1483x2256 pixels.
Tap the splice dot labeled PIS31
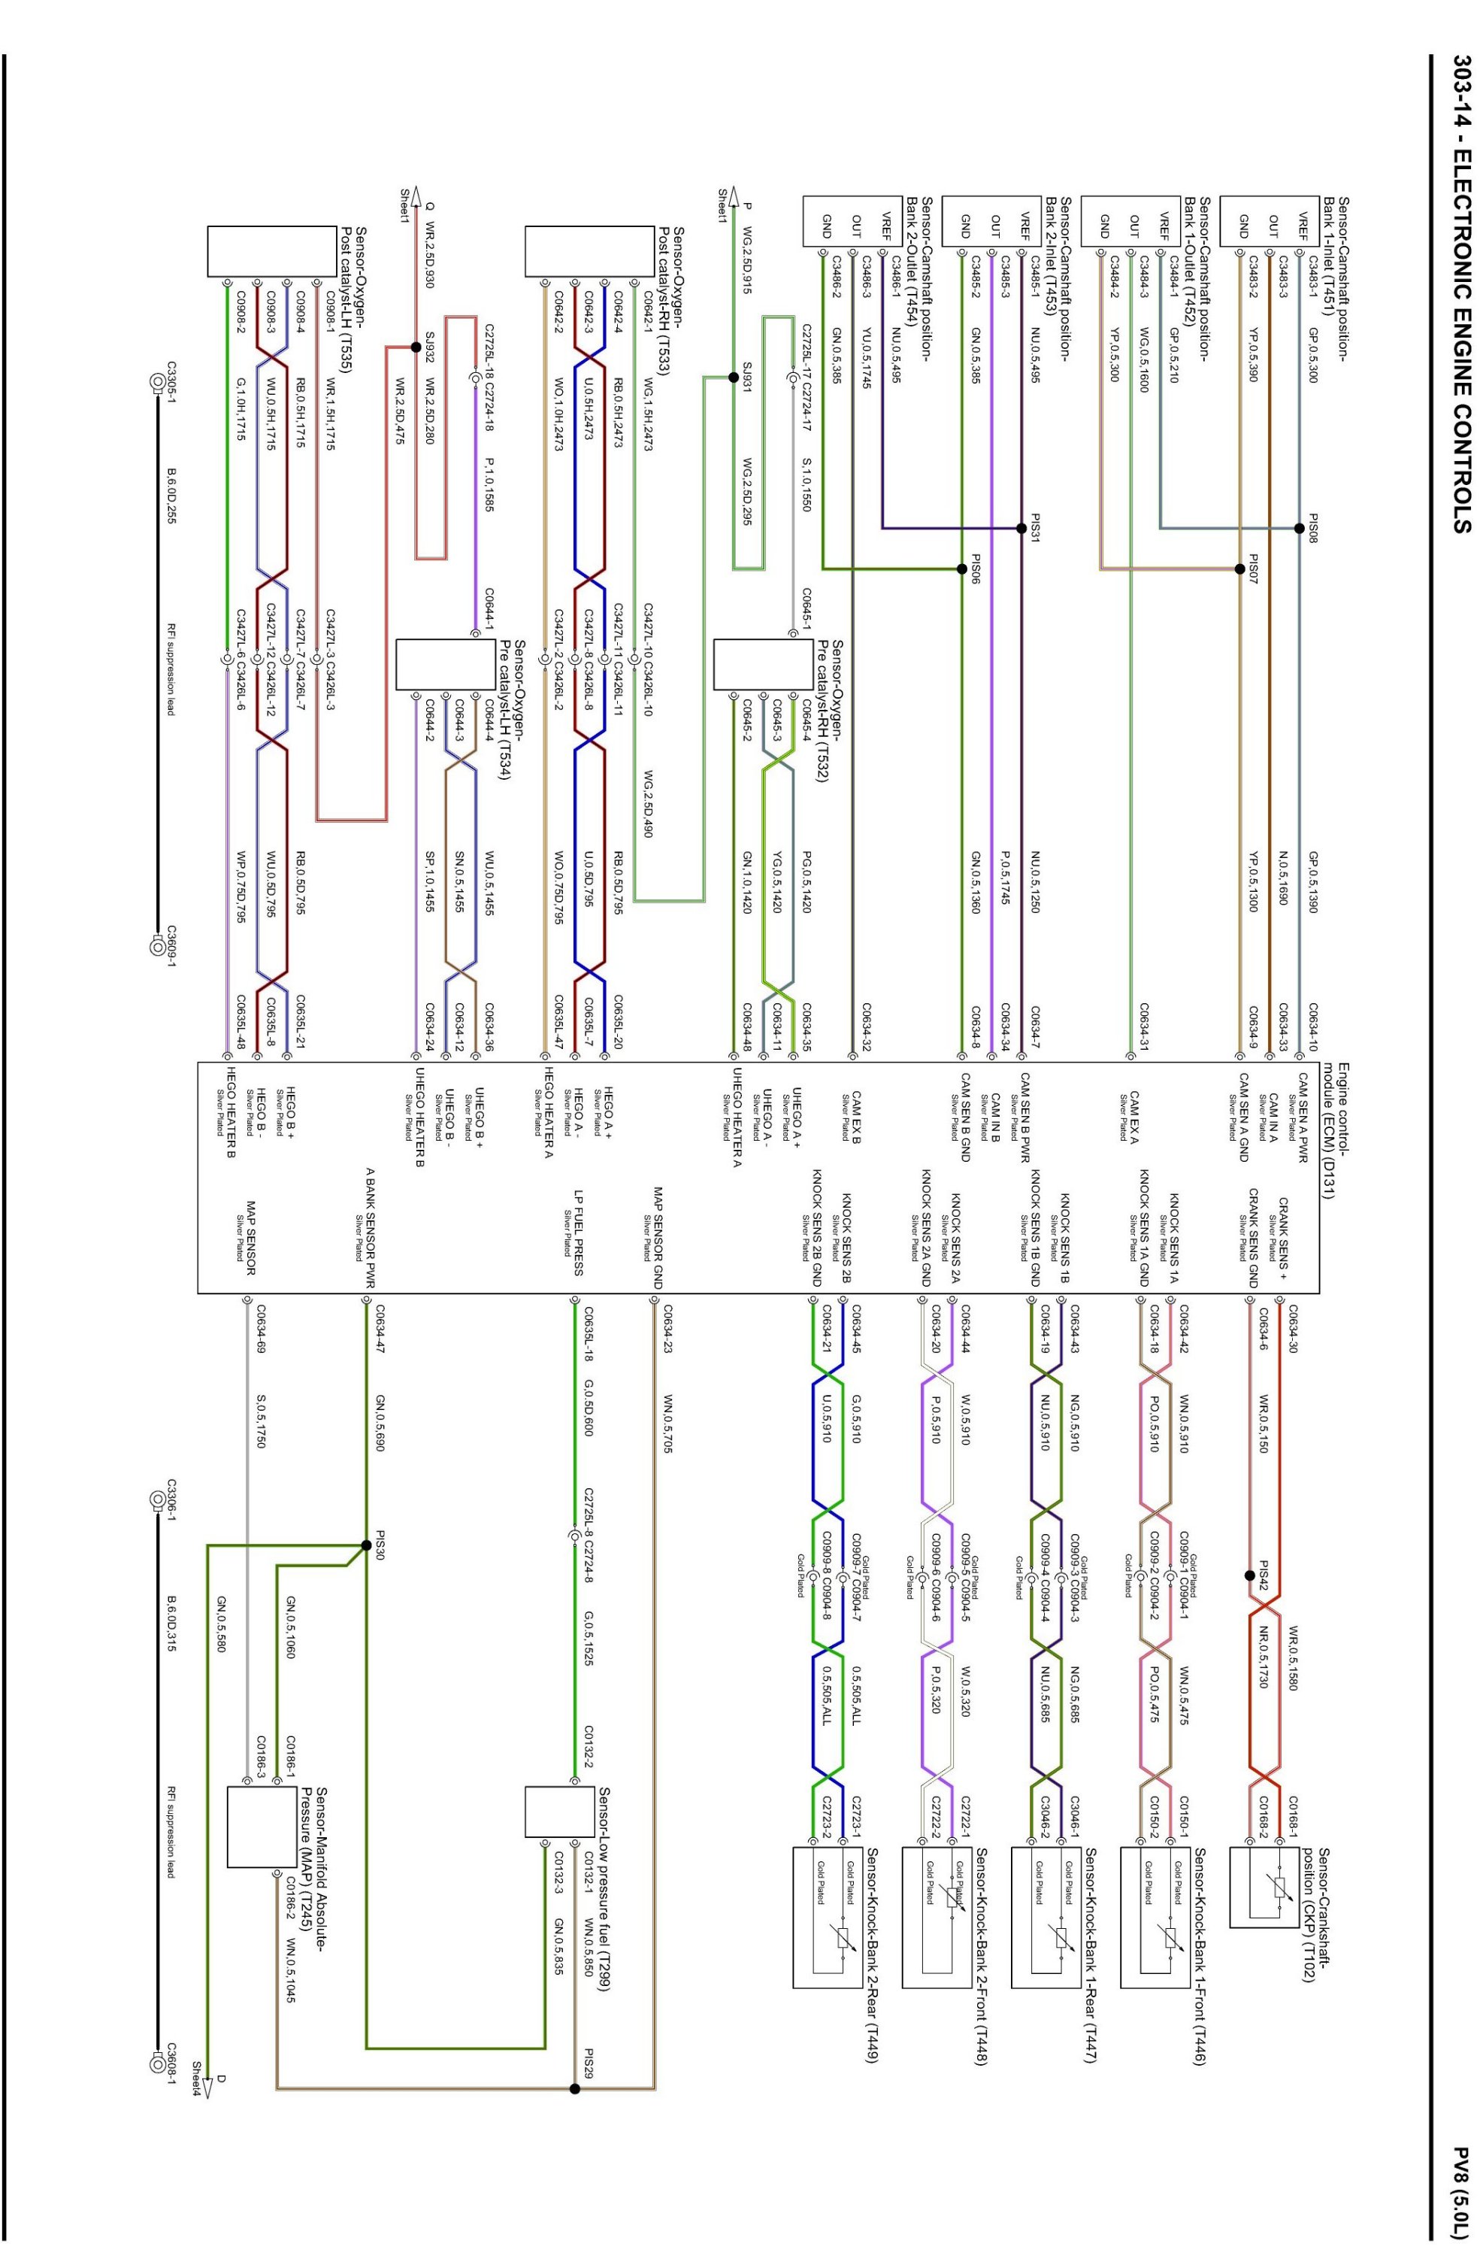tap(1021, 528)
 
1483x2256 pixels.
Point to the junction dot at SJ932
tap(415, 347)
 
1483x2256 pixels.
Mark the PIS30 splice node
tap(366, 1544)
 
